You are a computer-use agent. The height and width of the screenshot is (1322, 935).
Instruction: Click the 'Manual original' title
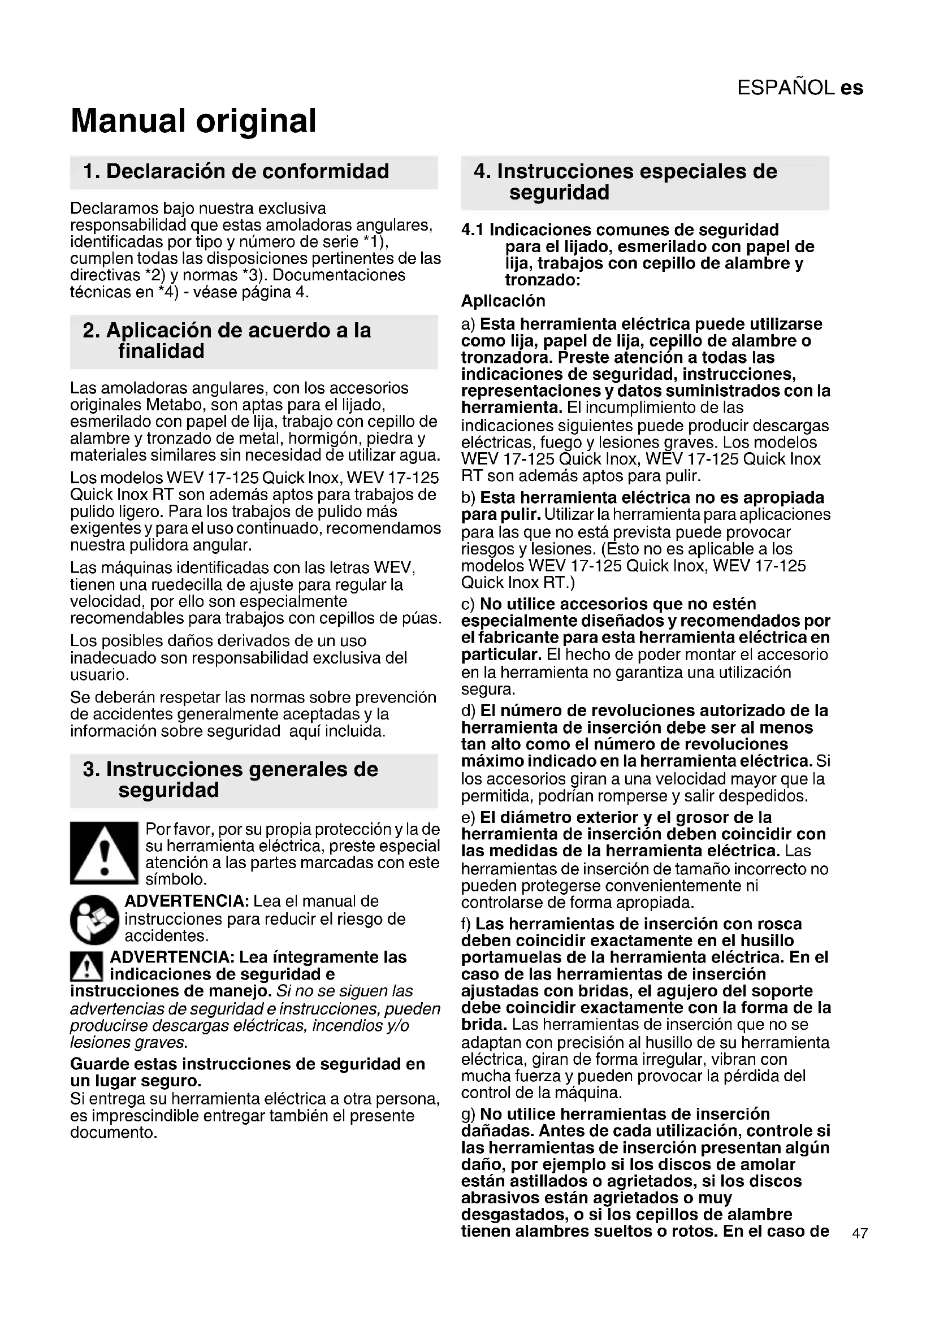(x=193, y=121)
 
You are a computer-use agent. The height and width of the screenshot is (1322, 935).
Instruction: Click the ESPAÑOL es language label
(x=800, y=88)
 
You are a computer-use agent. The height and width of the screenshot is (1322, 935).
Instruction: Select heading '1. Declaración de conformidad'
(x=236, y=172)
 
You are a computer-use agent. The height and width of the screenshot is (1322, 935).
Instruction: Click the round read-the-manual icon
(x=94, y=920)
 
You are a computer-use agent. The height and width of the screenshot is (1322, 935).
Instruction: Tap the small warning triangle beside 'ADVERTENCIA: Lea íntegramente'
(x=86, y=966)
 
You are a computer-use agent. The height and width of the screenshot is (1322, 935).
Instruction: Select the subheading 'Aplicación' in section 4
(x=503, y=301)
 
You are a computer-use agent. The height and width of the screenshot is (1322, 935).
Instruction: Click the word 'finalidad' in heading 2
(x=161, y=350)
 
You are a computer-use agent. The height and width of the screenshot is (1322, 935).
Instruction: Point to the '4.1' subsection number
(x=473, y=230)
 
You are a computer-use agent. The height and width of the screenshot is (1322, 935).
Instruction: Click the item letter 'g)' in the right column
(x=469, y=1114)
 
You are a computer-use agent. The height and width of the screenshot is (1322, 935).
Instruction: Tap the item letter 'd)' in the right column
(x=469, y=710)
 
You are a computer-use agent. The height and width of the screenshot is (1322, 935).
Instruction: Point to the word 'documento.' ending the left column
(x=114, y=1133)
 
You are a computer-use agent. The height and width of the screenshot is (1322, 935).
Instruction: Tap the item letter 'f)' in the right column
(x=466, y=924)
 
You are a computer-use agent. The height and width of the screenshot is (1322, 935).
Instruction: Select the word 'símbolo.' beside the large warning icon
(x=176, y=879)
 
